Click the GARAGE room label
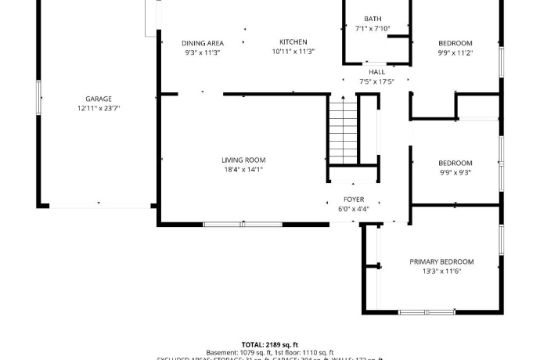pos(99,99)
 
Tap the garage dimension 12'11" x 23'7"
pos(99,108)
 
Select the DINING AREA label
pos(203,43)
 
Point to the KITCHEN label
pos(293,42)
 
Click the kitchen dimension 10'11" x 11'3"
pos(293,52)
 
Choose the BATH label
pos(373,19)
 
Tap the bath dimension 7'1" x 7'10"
pos(373,28)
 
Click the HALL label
pos(376,71)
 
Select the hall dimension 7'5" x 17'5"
pos(376,81)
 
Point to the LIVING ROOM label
pos(243,160)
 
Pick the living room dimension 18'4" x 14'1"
pos(243,169)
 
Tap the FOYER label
pos(354,200)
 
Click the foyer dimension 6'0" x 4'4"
pos(354,209)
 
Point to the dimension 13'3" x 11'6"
pos(441,271)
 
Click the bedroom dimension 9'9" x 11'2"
pos(455,52)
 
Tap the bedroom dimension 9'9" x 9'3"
pos(455,172)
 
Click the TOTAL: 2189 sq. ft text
pos(269,344)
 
